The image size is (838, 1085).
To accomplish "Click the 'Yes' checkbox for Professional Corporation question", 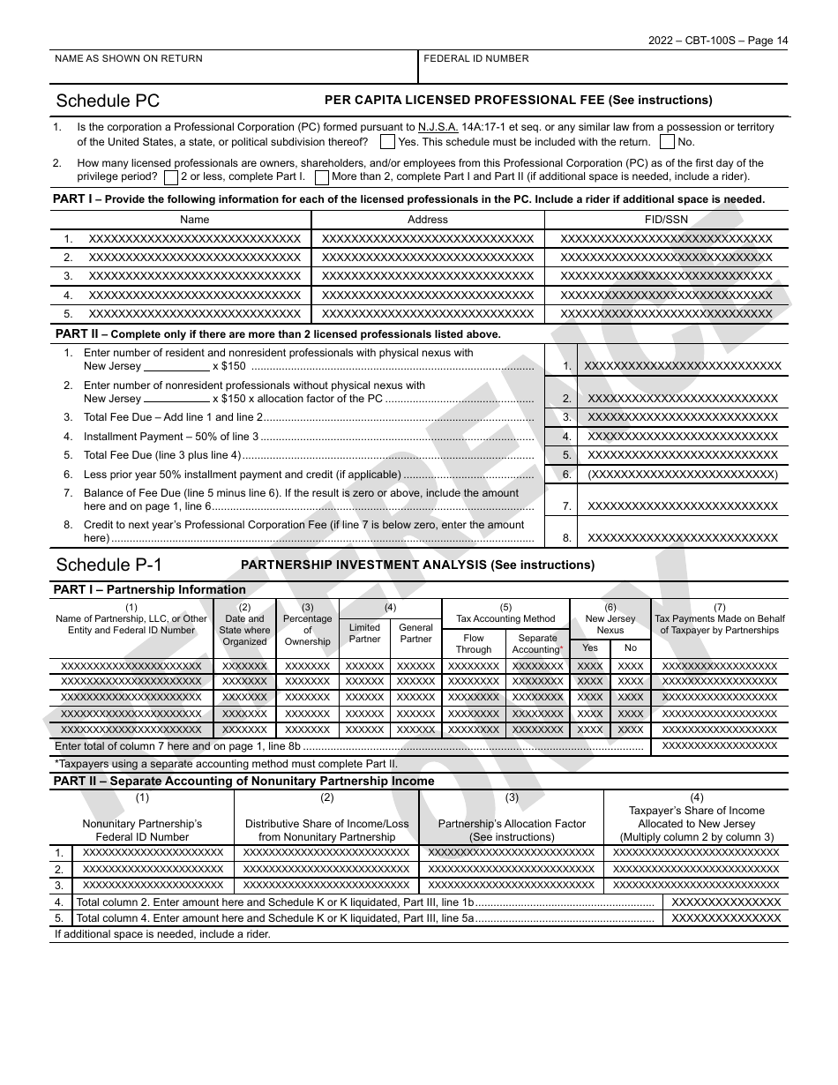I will tap(387, 142).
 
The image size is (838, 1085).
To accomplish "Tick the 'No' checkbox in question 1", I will tap(668, 142).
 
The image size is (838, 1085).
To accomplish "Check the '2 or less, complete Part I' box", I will tap(170, 176).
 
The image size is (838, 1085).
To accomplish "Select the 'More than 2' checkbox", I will tap(322, 176).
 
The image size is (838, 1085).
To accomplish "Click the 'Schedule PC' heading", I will tap(108, 101).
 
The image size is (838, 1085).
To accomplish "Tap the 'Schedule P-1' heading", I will tap(109, 565).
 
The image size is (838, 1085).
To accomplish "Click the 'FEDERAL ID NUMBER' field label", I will tap(476, 59).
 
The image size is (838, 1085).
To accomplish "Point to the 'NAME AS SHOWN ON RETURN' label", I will tap(129, 59).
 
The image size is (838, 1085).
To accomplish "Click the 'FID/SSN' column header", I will tap(666, 220).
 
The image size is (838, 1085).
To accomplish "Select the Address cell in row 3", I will tap(428, 276).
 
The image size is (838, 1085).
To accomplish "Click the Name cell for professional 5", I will tap(194, 314).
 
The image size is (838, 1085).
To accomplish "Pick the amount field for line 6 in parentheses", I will tap(683, 475).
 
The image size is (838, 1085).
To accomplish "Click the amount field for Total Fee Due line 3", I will tap(683, 417).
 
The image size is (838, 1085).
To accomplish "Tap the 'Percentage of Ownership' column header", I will tap(308, 625).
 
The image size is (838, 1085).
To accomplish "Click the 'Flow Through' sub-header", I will tap(474, 644).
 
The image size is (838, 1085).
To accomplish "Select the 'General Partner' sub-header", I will tap(415, 633).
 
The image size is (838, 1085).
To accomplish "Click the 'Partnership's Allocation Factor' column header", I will tap(512, 824).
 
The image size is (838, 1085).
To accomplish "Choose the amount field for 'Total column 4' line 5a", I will tap(726, 917).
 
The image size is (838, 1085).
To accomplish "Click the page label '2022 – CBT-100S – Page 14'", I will tap(727, 40).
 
